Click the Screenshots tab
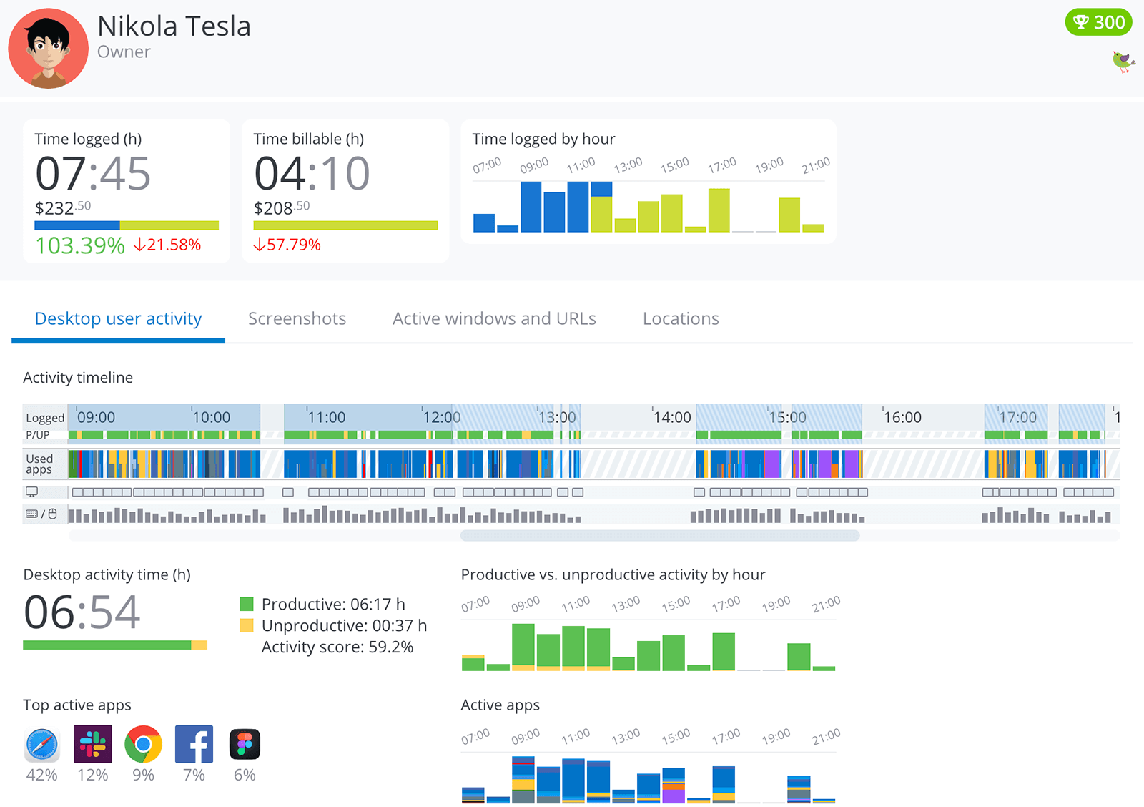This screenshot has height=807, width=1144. click(297, 319)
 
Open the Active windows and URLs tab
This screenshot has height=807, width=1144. click(494, 319)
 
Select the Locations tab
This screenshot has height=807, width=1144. click(681, 319)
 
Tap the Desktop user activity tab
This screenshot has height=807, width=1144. click(119, 319)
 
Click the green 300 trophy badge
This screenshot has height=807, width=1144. click(1098, 22)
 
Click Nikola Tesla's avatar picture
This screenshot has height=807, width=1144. click(49, 49)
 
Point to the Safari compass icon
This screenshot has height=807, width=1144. click(42, 745)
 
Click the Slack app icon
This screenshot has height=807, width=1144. click(93, 745)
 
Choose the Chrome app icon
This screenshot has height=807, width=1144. click(143, 745)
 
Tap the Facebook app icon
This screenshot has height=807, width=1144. click(194, 745)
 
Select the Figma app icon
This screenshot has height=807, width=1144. click(245, 745)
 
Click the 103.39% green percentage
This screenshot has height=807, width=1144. click(80, 245)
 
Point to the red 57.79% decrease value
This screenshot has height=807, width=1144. click(287, 245)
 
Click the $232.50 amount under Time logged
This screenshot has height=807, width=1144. click(63, 208)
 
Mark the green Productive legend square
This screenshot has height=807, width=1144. click(247, 605)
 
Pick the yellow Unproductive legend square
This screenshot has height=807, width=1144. click(247, 626)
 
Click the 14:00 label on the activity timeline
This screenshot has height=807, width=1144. click(672, 417)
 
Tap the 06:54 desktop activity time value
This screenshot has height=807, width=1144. click(82, 612)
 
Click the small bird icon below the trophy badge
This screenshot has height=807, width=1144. click(1123, 62)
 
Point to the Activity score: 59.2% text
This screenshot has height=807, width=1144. click(337, 647)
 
